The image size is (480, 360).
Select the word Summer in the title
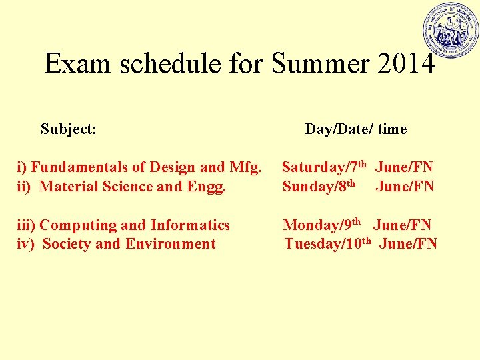tap(311, 64)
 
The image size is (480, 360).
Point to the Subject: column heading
tap(68, 129)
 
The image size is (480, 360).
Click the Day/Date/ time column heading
tap(355, 129)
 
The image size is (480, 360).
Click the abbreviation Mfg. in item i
tap(245, 167)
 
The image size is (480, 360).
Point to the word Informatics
tap(190, 225)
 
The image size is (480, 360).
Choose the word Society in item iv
tap(67, 244)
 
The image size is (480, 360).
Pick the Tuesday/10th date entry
tap(327, 244)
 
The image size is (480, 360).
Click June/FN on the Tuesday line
tap(408, 244)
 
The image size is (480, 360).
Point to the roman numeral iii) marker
tap(25, 225)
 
